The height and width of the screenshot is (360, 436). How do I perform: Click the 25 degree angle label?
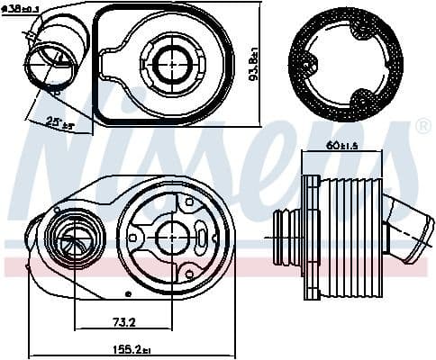37,123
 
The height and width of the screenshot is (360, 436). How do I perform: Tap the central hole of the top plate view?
168,63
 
